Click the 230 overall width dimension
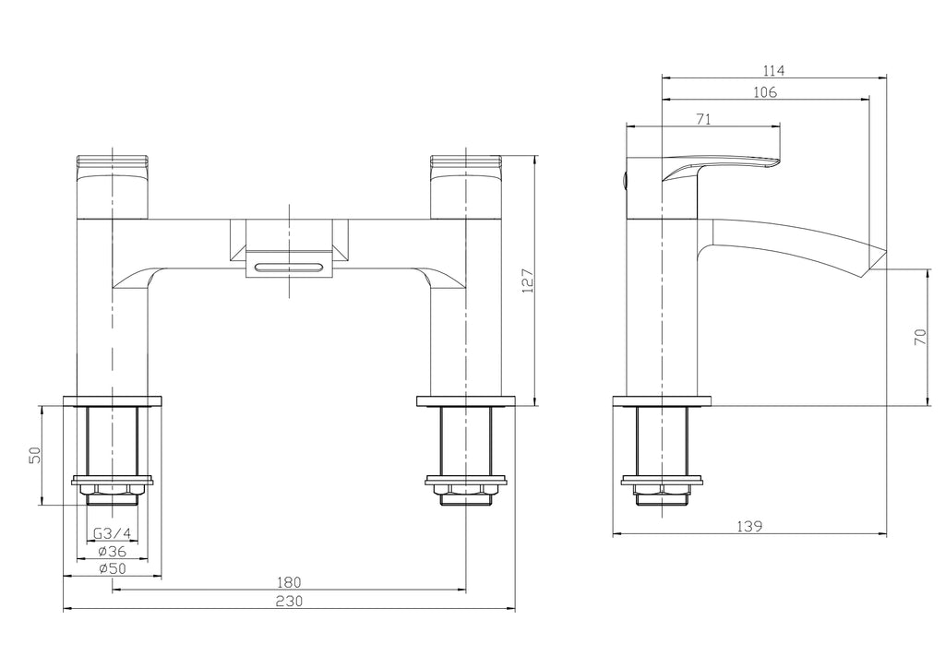click(289, 601)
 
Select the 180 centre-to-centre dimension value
click(289, 582)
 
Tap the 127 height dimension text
click(527, 280)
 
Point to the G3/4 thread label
click(112, 533)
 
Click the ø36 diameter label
click(112, 551)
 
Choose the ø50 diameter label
click(112, 568)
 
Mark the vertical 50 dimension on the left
click(34, 455)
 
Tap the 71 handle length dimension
click(702, 118)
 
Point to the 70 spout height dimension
click(919, 337)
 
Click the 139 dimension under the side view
click(749, 527)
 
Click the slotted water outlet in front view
click(290, 268)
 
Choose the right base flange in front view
click(466, 401)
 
